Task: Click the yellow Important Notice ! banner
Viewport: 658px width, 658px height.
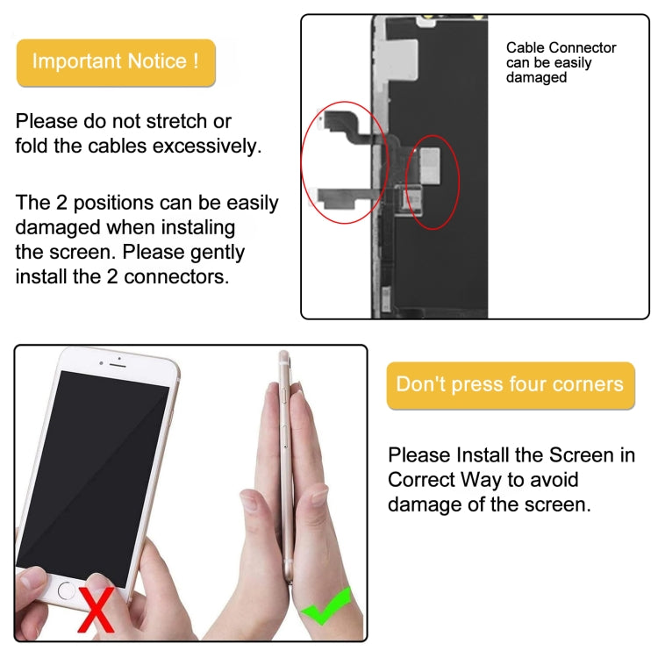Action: click(x=115, y=62)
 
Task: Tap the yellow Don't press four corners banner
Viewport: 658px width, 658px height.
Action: click(x=510, y=385)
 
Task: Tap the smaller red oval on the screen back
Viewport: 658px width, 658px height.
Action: click(x=435, y=182)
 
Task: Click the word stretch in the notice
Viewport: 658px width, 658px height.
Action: click(x=177, y=121)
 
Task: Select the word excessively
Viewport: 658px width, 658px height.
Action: click(x=207, y=146)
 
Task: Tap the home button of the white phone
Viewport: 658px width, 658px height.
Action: click(x=66, y=590)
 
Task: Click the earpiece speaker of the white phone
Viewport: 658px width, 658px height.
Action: click(x=119, y=360)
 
